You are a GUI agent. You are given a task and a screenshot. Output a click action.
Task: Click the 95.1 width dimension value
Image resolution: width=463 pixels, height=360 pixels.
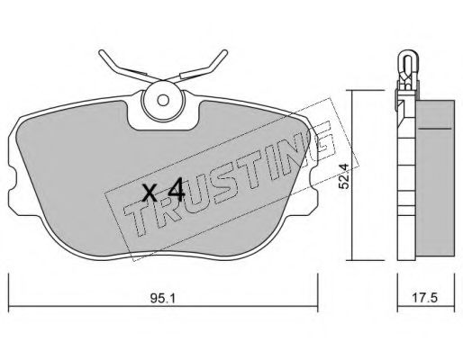[162, 298]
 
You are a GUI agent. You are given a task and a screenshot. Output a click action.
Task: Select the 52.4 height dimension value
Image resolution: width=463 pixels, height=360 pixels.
[343, 176]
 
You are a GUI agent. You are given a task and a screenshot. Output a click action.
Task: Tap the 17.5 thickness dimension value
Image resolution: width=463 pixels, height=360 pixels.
[425, 298]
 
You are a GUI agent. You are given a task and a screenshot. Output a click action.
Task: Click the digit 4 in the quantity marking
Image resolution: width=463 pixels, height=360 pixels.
[176, 190]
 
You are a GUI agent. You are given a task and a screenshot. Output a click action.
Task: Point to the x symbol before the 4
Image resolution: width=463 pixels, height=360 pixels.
[150, 193]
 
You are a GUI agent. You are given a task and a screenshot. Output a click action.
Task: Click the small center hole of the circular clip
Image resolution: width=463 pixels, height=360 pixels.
[163, 100]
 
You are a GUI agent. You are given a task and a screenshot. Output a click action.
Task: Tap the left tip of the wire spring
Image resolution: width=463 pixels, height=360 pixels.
[101, 52]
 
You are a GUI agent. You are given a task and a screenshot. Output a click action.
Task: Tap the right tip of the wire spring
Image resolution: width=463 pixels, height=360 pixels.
[225, 52]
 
